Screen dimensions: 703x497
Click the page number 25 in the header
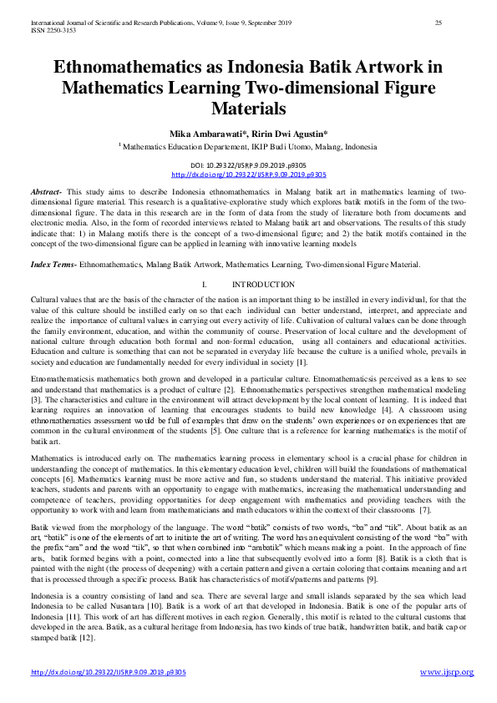[x=438, y=22]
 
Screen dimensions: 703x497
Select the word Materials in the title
[x=248, y=108]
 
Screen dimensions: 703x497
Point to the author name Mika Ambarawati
[x=206, y=133]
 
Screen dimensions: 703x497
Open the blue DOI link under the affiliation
[x=248, y=174]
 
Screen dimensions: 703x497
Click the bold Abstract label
[x=46, y=192]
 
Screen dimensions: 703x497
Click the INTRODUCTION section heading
[x=263, y=285]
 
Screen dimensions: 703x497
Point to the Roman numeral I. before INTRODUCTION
[x=204, y=285]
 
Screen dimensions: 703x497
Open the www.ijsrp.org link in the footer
[x=446, y=672]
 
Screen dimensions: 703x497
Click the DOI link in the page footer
[x=109, y=672]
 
